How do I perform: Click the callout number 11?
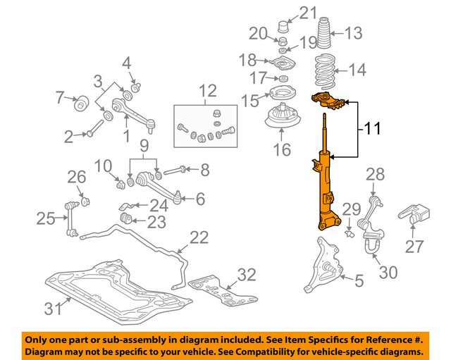373,129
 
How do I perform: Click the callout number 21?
308,12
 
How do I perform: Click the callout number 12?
208,90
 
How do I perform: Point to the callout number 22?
200,238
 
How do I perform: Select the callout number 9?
144,148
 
